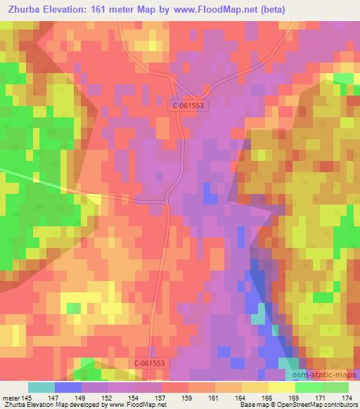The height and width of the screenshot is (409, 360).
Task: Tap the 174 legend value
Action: [347, 397]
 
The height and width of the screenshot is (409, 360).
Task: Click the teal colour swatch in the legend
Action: [41, 387]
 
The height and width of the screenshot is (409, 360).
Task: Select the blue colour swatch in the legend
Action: [68, 387]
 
